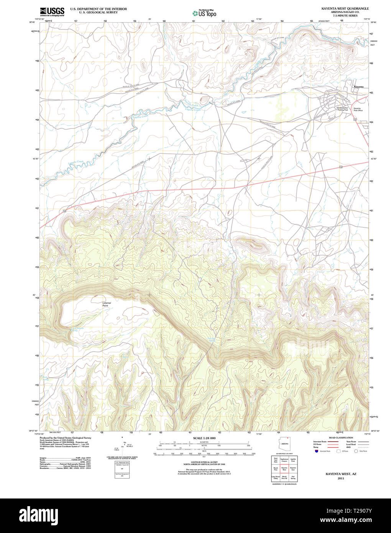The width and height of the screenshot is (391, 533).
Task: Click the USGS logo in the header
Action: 52,12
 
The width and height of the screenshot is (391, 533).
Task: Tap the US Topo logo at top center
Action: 204,13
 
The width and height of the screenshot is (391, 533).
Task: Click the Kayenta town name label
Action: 358,87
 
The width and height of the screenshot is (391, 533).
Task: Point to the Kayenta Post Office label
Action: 357,109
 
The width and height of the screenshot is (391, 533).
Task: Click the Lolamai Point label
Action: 107,304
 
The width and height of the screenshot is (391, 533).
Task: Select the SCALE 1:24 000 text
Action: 204,438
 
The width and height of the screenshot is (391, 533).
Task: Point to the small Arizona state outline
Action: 284,443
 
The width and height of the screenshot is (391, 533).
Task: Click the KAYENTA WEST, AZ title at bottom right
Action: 341,474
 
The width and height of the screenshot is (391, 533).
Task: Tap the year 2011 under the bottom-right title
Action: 341,478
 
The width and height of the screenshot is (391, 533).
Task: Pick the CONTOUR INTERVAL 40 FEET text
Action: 204,462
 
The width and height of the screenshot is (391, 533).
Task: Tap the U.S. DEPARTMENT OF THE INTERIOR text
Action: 98,9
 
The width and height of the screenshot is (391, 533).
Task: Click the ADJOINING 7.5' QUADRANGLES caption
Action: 284,484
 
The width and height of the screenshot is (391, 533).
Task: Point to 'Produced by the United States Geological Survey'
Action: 65,438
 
